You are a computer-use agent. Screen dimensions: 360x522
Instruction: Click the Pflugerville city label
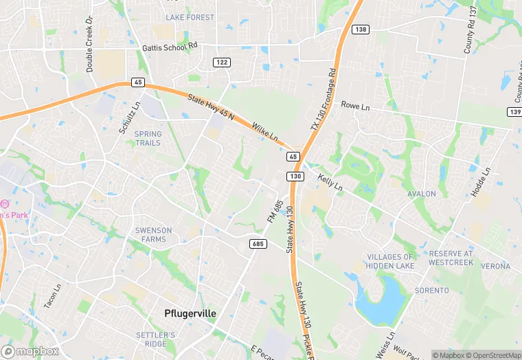coord(190,313)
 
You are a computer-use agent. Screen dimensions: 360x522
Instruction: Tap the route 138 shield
coord(361,30)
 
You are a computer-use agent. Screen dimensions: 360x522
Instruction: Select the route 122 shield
coord(222,62)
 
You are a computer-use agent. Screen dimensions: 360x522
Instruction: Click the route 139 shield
coord(515,111)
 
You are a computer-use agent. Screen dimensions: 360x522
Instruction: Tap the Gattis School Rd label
coord(170,47)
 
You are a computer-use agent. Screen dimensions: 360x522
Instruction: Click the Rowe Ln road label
coord(355,107)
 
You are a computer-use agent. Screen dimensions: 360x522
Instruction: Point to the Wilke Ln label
coord(264,131)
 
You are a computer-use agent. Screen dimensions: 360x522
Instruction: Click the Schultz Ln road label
coord(128,117)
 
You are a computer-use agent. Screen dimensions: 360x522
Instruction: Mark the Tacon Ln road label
coord(52,296)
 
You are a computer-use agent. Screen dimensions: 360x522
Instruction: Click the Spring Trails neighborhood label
coord(148,139)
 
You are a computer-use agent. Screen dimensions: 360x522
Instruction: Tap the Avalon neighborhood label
coord(422,194)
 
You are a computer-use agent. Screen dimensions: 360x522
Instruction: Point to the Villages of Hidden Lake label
coord(390,261)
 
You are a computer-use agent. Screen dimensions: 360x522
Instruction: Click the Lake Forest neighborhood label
coord(190,17)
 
